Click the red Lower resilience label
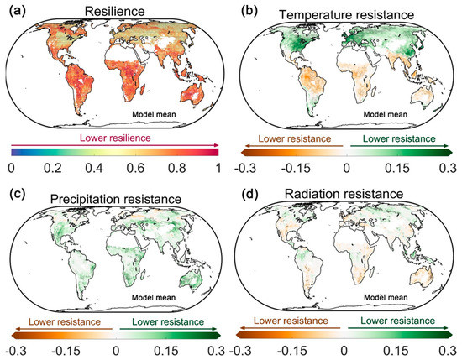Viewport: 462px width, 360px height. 114,137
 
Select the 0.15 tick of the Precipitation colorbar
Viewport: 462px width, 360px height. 169,348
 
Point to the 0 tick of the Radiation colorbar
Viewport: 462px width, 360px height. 344,348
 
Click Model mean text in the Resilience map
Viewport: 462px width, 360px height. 159,112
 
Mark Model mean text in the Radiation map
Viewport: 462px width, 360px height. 389,298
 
